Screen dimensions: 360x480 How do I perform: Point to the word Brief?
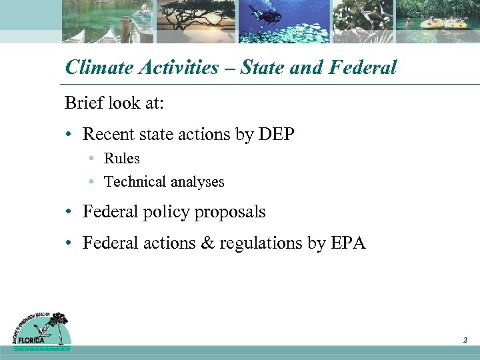pyautogui.click(x=83, y=103)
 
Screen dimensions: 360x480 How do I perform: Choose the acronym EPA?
pyautogui.click(x=347, y=243)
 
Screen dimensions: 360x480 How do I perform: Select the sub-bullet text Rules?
pyautogui.click(x=122, y=159)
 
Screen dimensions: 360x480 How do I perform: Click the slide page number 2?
pyautogui.click(x=465, y=341)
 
